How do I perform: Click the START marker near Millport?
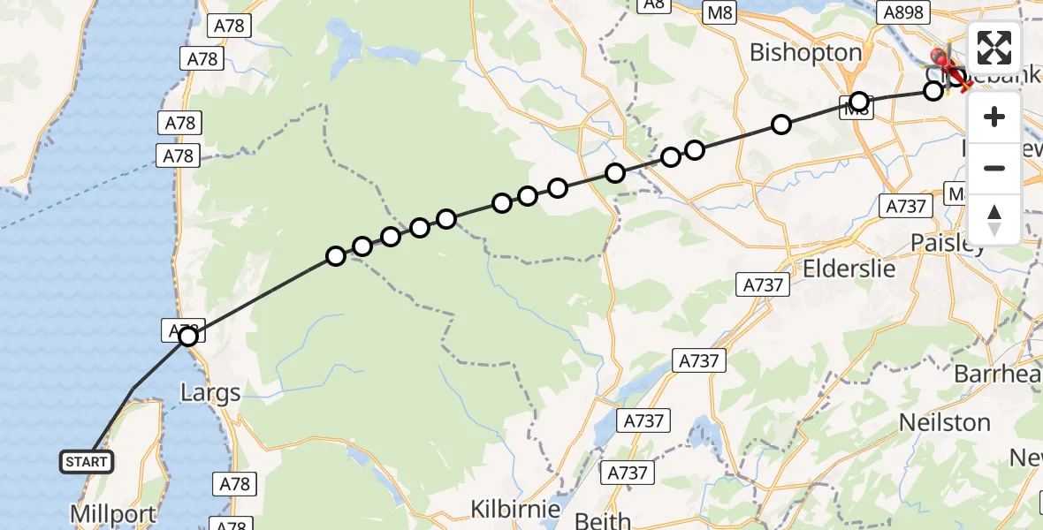click(x=87, y=461)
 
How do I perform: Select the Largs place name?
click(x=209, y=392)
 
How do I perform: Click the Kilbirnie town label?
click(x=515, y=510)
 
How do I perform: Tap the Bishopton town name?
click(x=805, y=53)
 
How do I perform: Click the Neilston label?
click(x=944, y=422)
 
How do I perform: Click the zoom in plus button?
click(x=994, y=117)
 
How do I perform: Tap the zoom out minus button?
click(x=994, y=168)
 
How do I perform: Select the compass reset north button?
click(x=994, y=218)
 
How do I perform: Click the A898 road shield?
click(x=902, y=12)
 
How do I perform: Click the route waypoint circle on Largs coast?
click(x=187, y=336)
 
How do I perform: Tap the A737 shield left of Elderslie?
click(x=763, y=284)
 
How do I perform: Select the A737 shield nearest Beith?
click(x=629, y=473)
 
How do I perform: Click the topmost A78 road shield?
click(x=229, y=26)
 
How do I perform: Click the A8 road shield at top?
click(x=653, y=4)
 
